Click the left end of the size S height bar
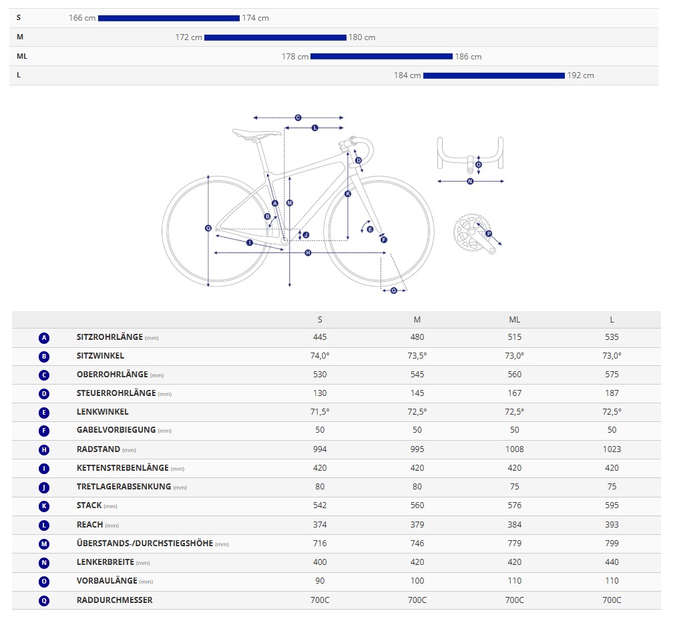pos(98,18)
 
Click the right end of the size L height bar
pos(565,75)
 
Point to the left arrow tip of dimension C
pos(253,118)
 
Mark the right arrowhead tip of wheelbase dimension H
pos(386,253)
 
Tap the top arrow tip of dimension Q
pos(208,175)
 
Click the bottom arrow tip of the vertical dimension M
pos(290,286)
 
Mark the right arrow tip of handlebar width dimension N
pos(504,181)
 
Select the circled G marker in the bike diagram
pos(394,290)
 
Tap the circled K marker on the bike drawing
pos(348,194)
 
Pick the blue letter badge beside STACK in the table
pos(44,506)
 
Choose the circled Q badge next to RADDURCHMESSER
pos(44,600)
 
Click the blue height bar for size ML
pos(382,56)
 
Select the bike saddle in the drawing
pos(256,134)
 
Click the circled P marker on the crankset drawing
pos(489,234)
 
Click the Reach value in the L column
pos(612,524)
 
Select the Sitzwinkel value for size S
pos(320,355)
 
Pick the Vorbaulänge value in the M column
pos(417,581)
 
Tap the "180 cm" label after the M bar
pos(362,37)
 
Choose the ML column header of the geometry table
pos(515,320)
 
